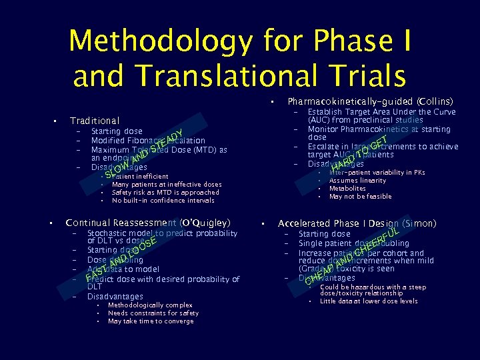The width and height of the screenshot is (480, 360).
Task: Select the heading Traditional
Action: pos(95,121)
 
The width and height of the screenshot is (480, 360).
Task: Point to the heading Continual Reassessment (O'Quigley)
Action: pos(148,223)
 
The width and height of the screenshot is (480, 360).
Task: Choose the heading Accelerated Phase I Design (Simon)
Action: pos(357,223)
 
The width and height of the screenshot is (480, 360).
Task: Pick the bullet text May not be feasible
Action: pos(360,197)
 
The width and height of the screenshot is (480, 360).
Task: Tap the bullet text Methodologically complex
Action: pos(150,305)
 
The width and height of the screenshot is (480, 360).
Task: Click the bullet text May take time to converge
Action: pos(151,321)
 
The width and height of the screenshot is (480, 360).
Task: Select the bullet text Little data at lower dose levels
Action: pos(369,301)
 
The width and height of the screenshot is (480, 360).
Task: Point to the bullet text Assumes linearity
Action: pos(357,181)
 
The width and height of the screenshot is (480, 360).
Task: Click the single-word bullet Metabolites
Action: pos(347,189)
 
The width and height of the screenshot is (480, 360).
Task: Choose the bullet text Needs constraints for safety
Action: pos(153,313)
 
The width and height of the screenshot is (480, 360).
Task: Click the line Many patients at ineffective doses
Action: pos(167,185)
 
